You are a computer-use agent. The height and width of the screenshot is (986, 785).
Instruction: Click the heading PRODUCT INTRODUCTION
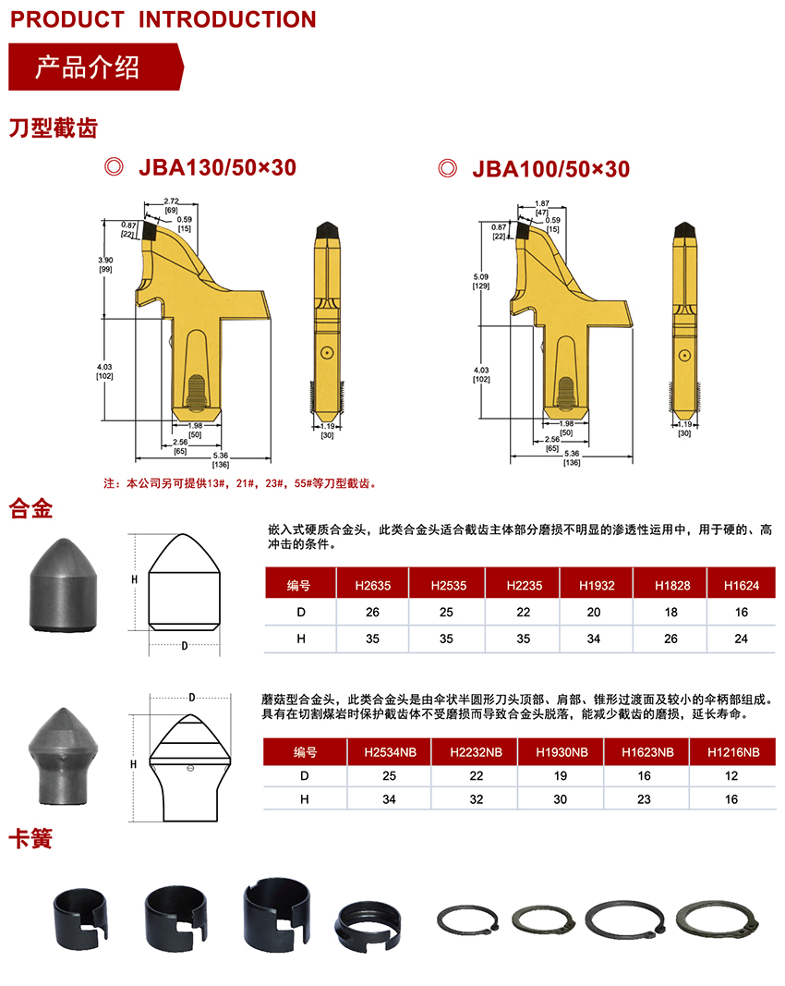tap(163, 18)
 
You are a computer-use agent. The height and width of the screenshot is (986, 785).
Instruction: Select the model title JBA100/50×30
tap(549, 168)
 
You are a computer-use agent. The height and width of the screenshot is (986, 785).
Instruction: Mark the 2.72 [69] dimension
tap(171, 205)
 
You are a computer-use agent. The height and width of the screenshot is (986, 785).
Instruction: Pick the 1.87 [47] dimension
tap(542, 207)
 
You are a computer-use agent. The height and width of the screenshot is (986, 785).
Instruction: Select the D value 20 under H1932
tap(594, 612)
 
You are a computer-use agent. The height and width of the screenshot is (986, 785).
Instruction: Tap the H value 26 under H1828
tap(670, 639)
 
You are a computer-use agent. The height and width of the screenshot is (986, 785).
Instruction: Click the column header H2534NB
tap(389, 752)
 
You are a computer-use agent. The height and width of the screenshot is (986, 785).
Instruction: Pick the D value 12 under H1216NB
tap(731, 776)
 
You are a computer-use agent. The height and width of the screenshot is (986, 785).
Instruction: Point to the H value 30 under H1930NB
tap(561, 799)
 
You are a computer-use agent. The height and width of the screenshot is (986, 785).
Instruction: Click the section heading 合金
tap(30, 507)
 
